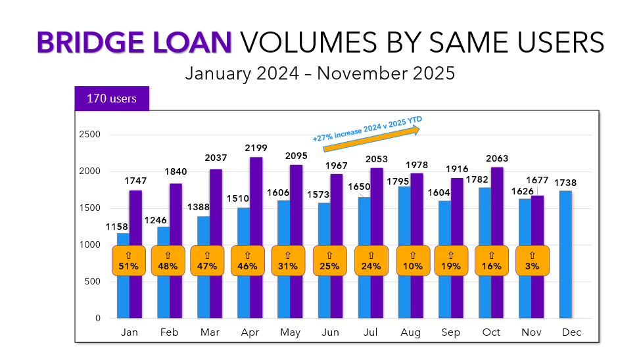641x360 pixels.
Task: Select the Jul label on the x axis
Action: (x=371, y=333)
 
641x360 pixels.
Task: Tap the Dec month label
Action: (x=571, y=333)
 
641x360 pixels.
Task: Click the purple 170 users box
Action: (x=112, y=99)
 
